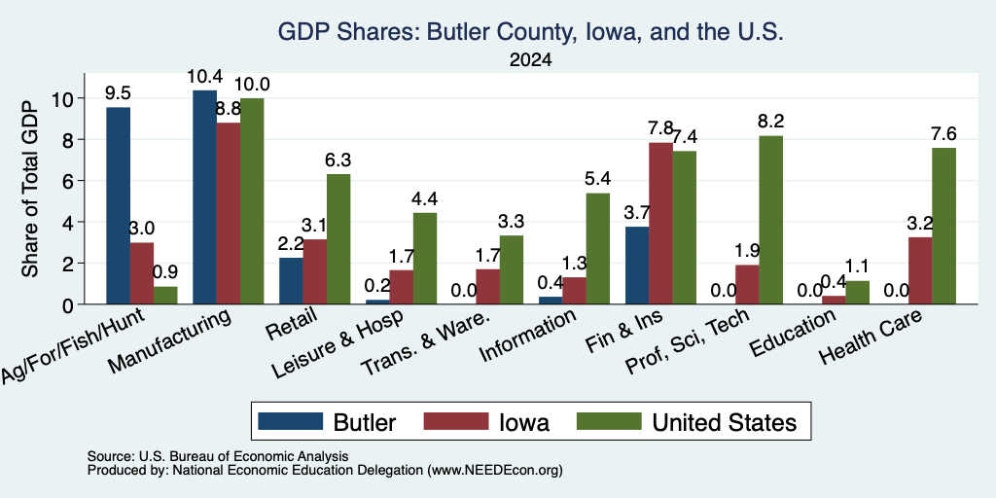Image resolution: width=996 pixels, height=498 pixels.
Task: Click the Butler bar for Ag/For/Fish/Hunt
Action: coord(118,206)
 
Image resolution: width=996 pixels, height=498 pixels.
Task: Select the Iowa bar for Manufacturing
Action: coord(228,213)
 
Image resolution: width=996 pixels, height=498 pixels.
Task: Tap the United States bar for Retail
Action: coord(338,239)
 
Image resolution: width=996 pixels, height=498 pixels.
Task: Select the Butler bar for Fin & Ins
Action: coord(638,266)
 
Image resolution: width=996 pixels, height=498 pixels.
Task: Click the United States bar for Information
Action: coord(598,248)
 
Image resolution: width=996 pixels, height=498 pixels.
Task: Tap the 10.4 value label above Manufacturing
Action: coord(204,77)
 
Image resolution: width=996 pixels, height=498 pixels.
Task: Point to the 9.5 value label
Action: coord(118,93)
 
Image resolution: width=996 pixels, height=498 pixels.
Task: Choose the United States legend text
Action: coord(724,422)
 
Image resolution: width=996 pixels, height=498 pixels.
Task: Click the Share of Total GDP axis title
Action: coord(30,189)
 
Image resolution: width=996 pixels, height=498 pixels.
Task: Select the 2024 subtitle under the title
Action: coord(530,60)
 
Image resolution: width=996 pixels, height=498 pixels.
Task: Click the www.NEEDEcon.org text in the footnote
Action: coord(495,471)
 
